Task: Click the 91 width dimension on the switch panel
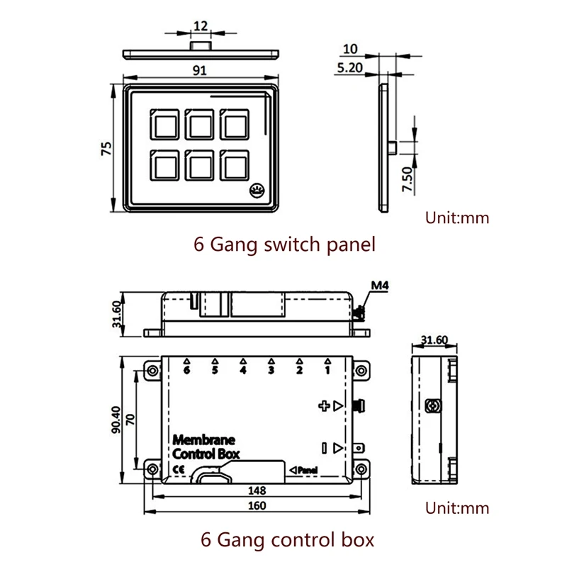pos(200,70)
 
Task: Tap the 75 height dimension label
pos(106,149)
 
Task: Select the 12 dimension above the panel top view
pos(201,26)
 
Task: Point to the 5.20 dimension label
pos(349,67)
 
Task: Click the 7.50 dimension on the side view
pos(407,179)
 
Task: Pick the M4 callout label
pos(380,286)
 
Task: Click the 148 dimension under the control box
pos(257,490)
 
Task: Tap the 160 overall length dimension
pos(257,505)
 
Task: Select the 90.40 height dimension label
pos(116,420)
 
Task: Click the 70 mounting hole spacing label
pos(130,420)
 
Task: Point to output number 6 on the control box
pos(186,370)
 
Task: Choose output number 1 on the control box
pos(327,370)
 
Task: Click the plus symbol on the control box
pos(324,406)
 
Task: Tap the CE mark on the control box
pos(179,469)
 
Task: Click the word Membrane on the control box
pos(204,439)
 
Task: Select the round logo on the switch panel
pos(257,190)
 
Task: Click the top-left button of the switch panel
pos(164,125)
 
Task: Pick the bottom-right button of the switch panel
pos(235,165)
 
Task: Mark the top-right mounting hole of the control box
pos(361,371)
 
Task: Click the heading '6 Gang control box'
pos(288,539)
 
